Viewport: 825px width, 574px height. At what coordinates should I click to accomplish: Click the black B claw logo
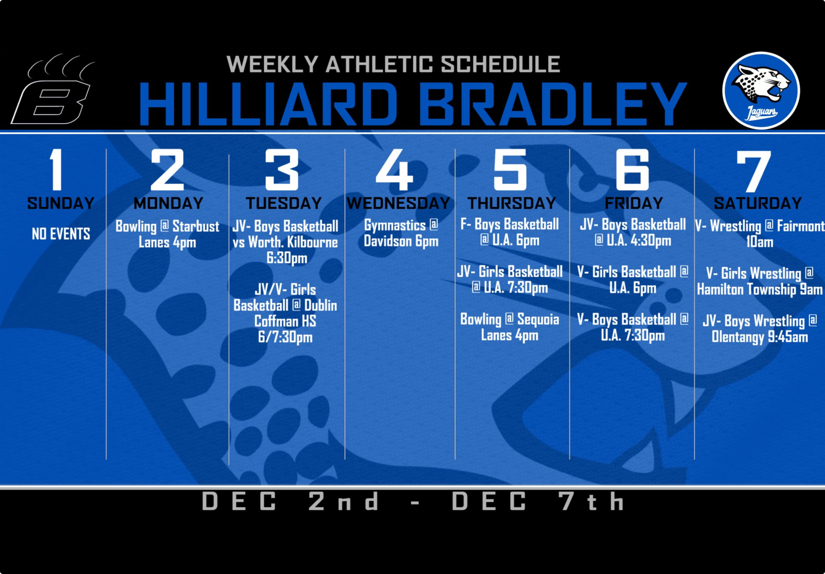coord(53,90)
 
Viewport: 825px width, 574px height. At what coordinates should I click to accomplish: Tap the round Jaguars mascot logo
coord(761,90)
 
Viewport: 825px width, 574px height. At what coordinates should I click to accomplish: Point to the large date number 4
coord(394,170)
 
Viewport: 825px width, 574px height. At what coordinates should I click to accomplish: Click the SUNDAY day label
coord(61,204)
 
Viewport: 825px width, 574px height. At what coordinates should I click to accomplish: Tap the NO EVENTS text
coord(61,234)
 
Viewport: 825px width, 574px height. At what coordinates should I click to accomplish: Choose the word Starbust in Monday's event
coord(196,226)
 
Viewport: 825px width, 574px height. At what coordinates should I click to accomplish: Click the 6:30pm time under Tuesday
coord(287,258)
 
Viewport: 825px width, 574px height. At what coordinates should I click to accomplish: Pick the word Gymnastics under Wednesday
coord(395,225)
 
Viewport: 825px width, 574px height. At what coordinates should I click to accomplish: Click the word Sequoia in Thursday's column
coord(538,319)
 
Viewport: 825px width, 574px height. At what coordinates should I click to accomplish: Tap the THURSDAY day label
coord(511,204)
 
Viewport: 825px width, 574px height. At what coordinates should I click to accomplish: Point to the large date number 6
coord(632,170)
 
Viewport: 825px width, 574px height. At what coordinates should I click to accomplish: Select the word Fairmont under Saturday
coord(801,226)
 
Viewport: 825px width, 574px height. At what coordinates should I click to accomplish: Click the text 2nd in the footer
coord(343,501)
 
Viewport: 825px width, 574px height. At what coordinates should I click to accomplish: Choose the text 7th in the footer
coord(591,501)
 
